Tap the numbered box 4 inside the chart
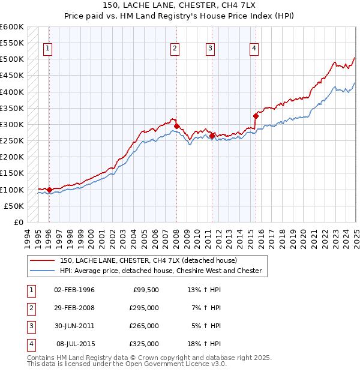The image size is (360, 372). pyautogui.click(x=254, y=49)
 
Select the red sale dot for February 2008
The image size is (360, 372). pyautogui.click(x=176, y=126)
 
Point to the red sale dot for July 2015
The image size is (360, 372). pyautogui.click(x=256, y=116)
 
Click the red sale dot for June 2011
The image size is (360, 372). pyautogui.click(x=212, y=136)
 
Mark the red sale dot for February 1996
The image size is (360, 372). pyautogui.click(x=49, y=190)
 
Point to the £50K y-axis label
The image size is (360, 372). pyautogui.click(x=14, y=206)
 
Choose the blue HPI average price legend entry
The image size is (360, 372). pyautogui.click(x=160, y=271)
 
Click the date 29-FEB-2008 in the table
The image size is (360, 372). pyautogui.click(x=74, y=307)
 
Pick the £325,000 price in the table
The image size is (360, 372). pyautogui.click(x=144, y=344)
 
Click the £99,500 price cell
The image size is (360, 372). pyautogui.click(x=146, y=289)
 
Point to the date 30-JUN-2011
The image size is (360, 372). pyautogui.click(x=74, y=326)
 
